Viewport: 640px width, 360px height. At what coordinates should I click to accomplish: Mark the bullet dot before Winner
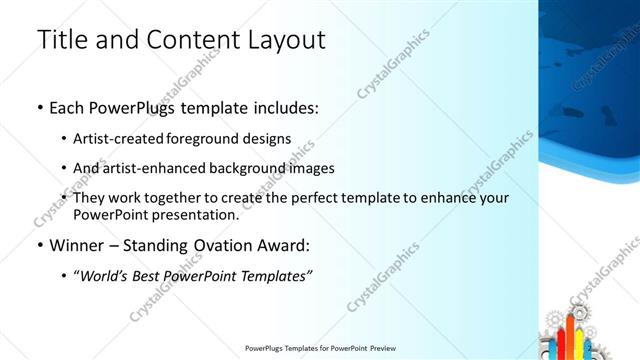click(39, 245)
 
